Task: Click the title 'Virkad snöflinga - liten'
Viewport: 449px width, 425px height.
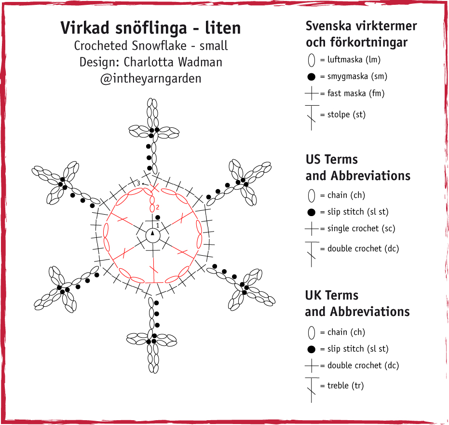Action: coord(150,28)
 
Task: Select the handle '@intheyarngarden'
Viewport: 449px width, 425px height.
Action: coord(150,78)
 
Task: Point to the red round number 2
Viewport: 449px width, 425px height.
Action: coord(158,207)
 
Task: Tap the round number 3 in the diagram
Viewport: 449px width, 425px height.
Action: coord(138,183)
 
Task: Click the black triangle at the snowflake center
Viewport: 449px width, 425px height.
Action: coord(152,233)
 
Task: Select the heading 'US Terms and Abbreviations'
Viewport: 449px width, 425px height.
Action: coord(357,167)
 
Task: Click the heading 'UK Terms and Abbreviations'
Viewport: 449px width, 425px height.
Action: coord(357,303)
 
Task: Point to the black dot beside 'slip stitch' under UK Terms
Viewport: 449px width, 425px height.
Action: coord(311,349)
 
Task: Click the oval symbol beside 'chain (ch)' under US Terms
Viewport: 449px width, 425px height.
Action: coord(311,195)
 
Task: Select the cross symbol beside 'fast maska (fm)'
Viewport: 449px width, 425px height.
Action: coord(312,94)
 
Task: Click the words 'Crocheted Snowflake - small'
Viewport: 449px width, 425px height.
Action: coord(150,46)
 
